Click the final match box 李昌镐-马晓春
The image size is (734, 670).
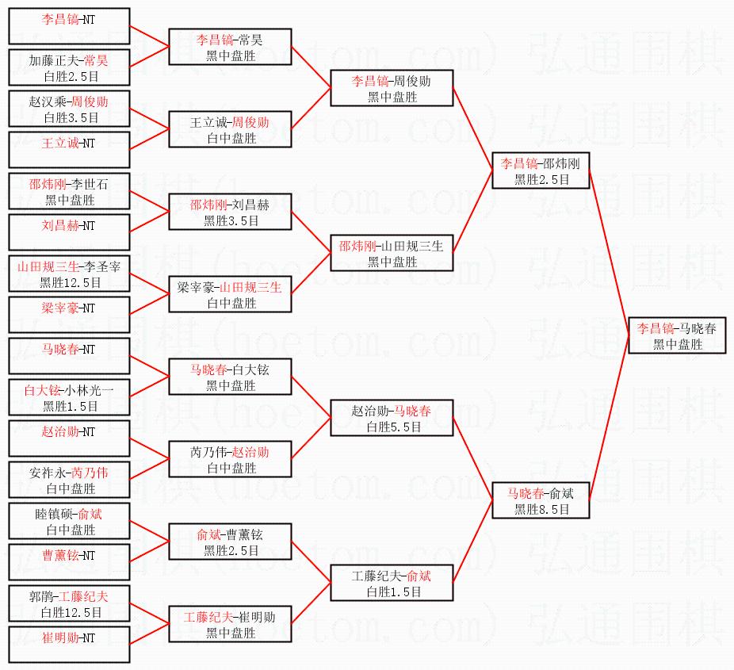(677, 335)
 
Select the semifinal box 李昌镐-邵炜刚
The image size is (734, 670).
(541, 170)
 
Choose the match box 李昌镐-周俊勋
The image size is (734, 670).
(392, 88)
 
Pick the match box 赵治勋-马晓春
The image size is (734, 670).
(392, 418)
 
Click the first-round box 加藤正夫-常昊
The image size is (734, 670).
(68, 68)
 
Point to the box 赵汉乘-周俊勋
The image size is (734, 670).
(68, 109)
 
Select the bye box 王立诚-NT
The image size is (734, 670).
(68, 151)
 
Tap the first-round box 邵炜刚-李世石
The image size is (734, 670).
(68, 192)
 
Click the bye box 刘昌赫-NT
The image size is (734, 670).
(68, 233)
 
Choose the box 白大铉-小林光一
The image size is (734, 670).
(68, 398)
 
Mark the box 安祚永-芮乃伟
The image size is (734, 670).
(68, 480)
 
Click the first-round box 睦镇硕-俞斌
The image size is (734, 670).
(68, 522)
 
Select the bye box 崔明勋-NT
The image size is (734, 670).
(68, 645)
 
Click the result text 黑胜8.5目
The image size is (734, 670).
(541, 510)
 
